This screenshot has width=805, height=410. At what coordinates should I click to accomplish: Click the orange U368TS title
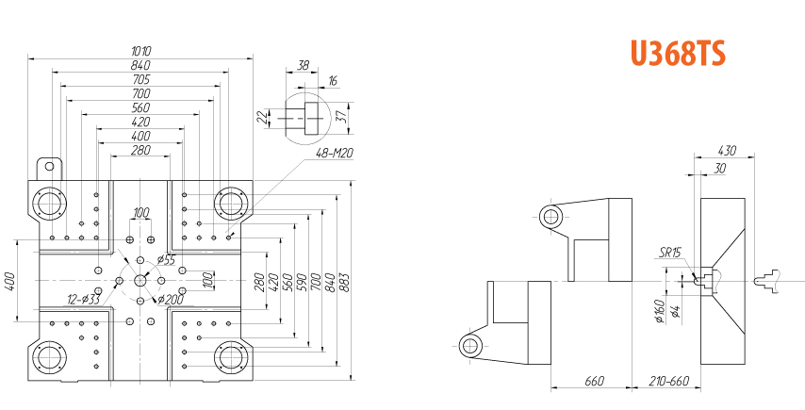click(678, 53)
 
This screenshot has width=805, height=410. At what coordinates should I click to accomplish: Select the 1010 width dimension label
click(141, 51)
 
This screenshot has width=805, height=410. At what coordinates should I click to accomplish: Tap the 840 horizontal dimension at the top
click(140, 65)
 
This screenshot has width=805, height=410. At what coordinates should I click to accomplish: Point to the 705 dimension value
click(140, 79)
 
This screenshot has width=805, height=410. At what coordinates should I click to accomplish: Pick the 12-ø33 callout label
click(83, 299)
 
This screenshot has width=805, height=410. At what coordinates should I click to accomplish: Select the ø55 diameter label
click(166, 259)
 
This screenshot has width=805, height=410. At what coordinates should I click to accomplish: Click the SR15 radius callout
click(670, 252)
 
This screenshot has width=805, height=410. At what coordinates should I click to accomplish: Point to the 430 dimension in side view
click(727, 151)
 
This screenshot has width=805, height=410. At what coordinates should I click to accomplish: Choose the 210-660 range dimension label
click(668, 382)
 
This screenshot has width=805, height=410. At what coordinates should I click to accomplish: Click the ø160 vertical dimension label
click(660, 311)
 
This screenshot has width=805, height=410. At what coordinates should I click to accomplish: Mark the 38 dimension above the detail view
click(304, 65)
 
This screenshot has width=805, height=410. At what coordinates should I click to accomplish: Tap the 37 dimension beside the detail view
click(340, 118)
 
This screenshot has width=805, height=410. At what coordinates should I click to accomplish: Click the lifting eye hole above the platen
click(49, 166)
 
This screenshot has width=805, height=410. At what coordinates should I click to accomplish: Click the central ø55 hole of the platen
click(140, 280)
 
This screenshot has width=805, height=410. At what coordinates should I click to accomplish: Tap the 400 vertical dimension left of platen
click(9, 281)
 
